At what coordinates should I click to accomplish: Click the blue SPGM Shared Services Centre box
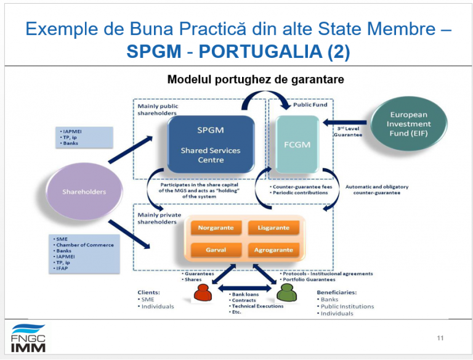(x=211, y=144)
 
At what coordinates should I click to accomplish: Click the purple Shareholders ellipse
(x=84, y=192)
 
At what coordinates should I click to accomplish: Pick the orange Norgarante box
(x=216, y=228)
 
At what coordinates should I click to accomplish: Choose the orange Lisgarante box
(x=273, y=228)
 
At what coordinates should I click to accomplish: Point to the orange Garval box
(x=216, y=250)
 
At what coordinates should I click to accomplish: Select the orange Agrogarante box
(x=273, y=250)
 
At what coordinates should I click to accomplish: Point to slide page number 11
(x=440, y=338)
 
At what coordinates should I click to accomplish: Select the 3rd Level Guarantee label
(x=348, y=131)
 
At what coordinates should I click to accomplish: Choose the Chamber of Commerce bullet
(x=85, y=245)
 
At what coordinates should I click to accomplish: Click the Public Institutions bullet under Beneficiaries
(x=347, y=306)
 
